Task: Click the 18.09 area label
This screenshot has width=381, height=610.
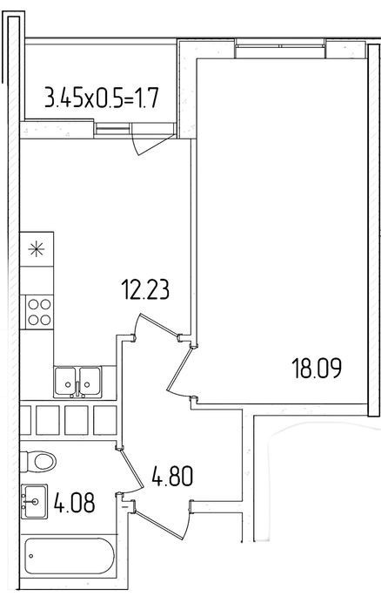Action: coord(317,369)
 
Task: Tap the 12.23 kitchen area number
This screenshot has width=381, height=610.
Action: coord(145,289)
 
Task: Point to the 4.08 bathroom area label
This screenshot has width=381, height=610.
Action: coord(74,502)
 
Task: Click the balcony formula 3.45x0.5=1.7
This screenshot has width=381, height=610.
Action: coord(102,98)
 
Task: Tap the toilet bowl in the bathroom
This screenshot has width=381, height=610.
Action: coord(38,461)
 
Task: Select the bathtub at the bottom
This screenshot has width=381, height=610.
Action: coord(70,556)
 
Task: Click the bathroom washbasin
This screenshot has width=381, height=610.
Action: coord(34,501)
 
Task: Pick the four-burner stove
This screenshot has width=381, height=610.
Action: coord(39,312)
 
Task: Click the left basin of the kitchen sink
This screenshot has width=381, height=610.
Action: coord(66,381)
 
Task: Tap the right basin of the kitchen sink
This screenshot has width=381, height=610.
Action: coord(90,381)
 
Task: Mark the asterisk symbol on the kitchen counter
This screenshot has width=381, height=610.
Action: coord(37,249)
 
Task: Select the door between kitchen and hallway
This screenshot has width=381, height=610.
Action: coord(157,325)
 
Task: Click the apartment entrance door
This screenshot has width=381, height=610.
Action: coord(161,520)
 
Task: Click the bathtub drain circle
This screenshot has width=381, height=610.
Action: coord(31,556)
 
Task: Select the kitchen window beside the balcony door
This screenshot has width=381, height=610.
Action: coord(112,129)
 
